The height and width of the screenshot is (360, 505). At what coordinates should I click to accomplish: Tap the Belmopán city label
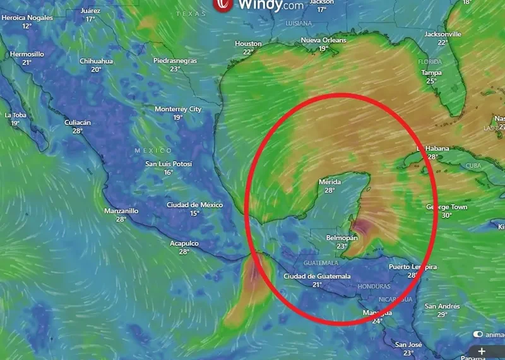pyautogui.click(x=342, y=238)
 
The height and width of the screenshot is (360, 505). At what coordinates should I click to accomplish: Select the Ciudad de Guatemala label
pyautogui.click(x=317, y=276)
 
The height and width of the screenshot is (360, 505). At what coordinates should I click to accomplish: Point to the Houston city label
pyautogui.click(x=248, y=44)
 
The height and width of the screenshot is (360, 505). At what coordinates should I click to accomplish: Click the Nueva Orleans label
pyautogui.click(x=323, y=40)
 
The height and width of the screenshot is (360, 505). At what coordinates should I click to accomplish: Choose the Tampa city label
pyautogui.click(x=431, y=73)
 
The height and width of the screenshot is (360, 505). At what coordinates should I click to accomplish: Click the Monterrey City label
pyautogui.click(x=178, y=109)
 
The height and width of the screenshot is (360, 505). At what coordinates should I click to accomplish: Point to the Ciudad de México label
pyautogui.click(x=194, y=205)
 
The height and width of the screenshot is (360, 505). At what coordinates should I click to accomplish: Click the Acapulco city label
pyautogui.click(x=184, y=243)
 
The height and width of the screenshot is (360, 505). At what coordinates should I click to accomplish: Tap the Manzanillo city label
pyautogui.click(x=121, y=211)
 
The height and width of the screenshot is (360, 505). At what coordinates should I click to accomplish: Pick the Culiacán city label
pyautogui.click(x=78, y=123)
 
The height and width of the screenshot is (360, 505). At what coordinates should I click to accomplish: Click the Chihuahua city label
pyautogui.click(x=96, y=61)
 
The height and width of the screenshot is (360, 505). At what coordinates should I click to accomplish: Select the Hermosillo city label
pyautogui.click(x=27, y=54)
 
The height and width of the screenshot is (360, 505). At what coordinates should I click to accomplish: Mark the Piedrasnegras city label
pyautogui.click(x=175, y=61)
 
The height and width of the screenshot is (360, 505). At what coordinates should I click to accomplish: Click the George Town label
pyautogui.click(x=447, y=207)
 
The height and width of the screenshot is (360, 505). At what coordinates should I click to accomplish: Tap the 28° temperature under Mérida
pyautogui.click(x=329, y=190)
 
